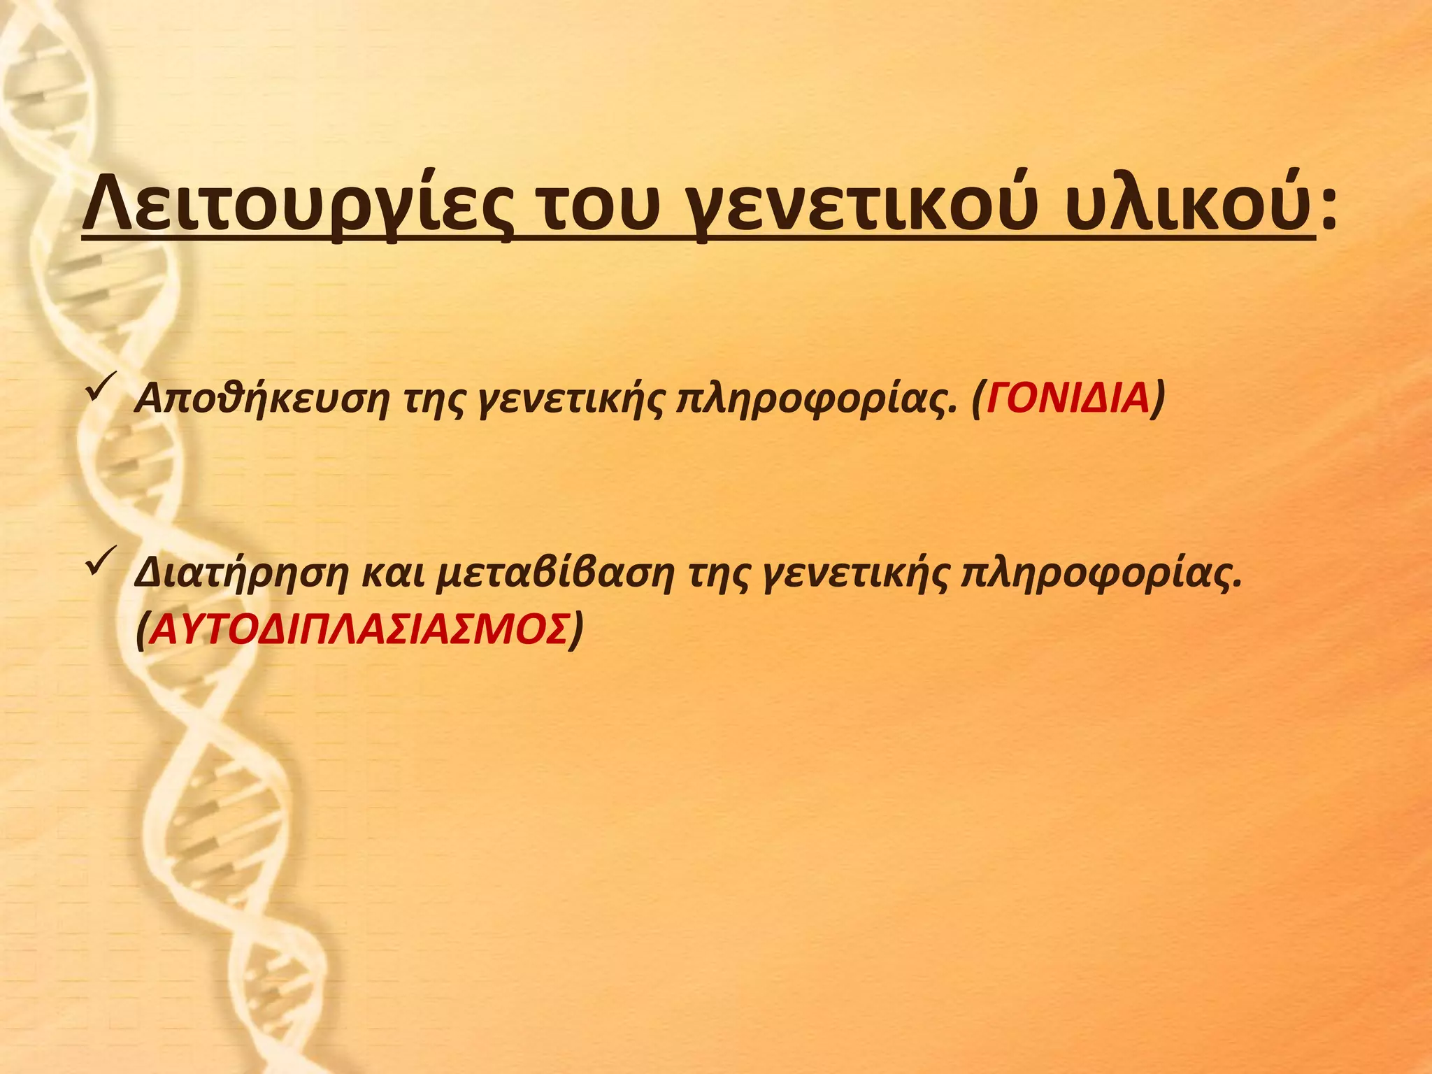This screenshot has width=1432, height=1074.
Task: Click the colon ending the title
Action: (x=1328, y=210)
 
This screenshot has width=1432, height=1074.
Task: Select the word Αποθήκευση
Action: (x=261, y=400)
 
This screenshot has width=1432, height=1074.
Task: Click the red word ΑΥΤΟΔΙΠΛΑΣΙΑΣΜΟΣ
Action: (x=359, y=630)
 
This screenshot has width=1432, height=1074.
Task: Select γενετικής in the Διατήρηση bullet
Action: (x=854, y=575)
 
